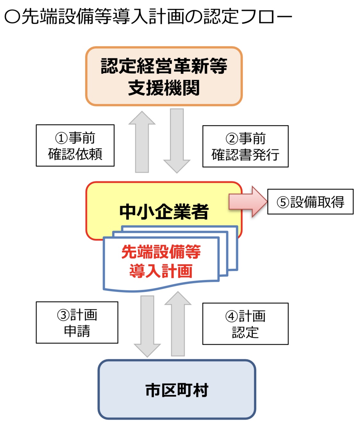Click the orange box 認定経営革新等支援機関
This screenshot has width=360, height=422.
click(x=164, y=76)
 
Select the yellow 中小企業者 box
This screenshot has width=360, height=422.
click(x=164, y=206)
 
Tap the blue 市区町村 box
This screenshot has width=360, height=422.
click(x=177, y=389)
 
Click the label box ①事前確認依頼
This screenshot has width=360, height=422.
click(x=75, y=145)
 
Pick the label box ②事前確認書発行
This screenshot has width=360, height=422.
click(x=245, y=146)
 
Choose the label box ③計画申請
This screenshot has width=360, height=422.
click(x=77, y=322)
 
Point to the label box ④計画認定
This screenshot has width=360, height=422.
click(x=245, y=324)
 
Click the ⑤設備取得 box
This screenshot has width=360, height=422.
click(x=310, y=202)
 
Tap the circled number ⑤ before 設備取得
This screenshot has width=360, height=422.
click(x=283, y=202)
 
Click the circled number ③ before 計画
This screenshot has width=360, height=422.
click(x=63, y=315)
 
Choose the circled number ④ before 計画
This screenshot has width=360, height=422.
click(x=232, y=317)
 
